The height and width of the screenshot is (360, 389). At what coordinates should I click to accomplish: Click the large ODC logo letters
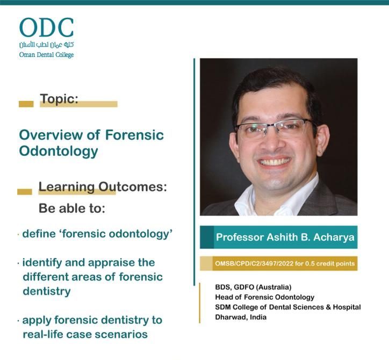click(x=47, y=27)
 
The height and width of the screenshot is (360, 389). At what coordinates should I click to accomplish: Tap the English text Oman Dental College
click(x=46, y=55)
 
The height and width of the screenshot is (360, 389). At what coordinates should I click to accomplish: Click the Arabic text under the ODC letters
click(x=46, y=45)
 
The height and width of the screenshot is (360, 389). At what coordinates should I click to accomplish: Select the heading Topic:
click(x=59, y=99)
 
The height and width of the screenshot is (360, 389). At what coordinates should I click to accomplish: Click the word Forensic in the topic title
click(x=134, y=135)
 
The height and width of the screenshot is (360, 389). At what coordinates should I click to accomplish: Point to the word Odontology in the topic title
click(x=59, y=151)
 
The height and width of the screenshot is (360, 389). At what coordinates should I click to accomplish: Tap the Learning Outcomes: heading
click(x=103, y=186)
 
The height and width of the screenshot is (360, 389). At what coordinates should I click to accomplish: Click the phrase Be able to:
click(x=72, y=208)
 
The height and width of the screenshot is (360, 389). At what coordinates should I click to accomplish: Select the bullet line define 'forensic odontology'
click(x=97, y=234)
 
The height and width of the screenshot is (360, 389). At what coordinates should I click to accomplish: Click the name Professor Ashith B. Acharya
click(x=285, y=237)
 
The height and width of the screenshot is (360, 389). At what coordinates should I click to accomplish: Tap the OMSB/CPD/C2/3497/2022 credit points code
click(x=285, y=263)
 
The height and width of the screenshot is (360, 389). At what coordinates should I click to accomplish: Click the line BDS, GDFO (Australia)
click(x=253, y=287)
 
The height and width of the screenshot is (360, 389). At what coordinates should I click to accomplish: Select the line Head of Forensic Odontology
click(x=265, y=297)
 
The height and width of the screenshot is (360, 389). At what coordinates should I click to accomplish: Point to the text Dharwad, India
click(x=241, y=317)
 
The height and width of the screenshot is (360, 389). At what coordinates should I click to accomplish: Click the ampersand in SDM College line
click(x=328, y=307)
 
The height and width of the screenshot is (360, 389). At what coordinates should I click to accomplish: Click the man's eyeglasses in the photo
click(x=276, y=128)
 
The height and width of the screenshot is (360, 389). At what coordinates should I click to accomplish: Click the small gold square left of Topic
click(x=26, y=104)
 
